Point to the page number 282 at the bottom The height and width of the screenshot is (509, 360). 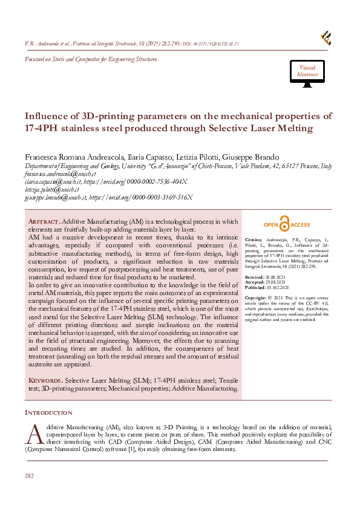(29, 476)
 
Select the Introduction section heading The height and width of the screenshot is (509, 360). (48, 412)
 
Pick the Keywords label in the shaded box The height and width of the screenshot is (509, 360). (45, 381)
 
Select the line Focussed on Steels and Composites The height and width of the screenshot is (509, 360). (90, 59)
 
